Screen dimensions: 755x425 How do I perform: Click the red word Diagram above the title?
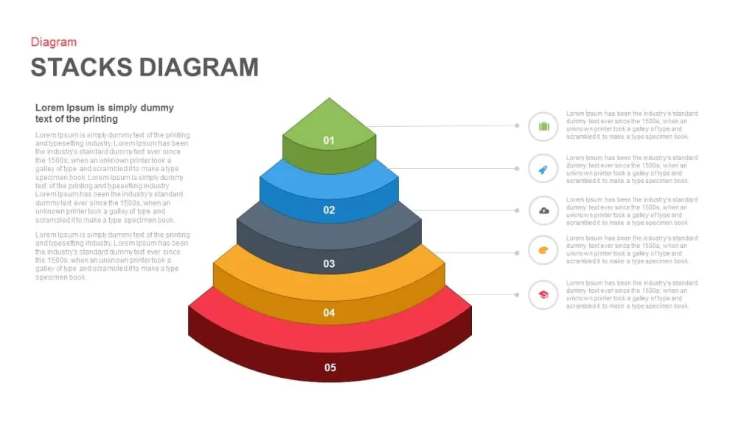point(53,42)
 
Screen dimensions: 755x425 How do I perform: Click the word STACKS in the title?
point(81,67)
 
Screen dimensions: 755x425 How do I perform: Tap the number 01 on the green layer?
point(329,140)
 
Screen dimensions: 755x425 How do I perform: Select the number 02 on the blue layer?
point(329,210)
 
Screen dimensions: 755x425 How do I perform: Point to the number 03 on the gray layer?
point(329,263)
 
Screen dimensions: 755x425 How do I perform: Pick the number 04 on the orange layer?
point(329,313)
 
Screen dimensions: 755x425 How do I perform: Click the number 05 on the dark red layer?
point(330,367)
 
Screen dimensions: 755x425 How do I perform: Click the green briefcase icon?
point(543,126)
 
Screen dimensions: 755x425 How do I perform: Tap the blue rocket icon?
point(543,169)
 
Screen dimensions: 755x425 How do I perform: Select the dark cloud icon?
point(543,210)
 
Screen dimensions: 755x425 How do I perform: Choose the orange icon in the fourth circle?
point(543,250)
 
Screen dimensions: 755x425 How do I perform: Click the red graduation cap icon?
point(543,294)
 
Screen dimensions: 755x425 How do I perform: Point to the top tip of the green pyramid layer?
point(330,98)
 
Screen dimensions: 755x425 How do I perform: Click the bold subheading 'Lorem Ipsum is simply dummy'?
point(105,108)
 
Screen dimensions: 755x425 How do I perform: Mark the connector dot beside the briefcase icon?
point(517,125)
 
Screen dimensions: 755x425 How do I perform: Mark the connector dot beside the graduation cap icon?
point(517,295)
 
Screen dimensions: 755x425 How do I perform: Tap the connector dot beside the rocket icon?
point(517,169)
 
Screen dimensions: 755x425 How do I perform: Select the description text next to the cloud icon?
point(632,211)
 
